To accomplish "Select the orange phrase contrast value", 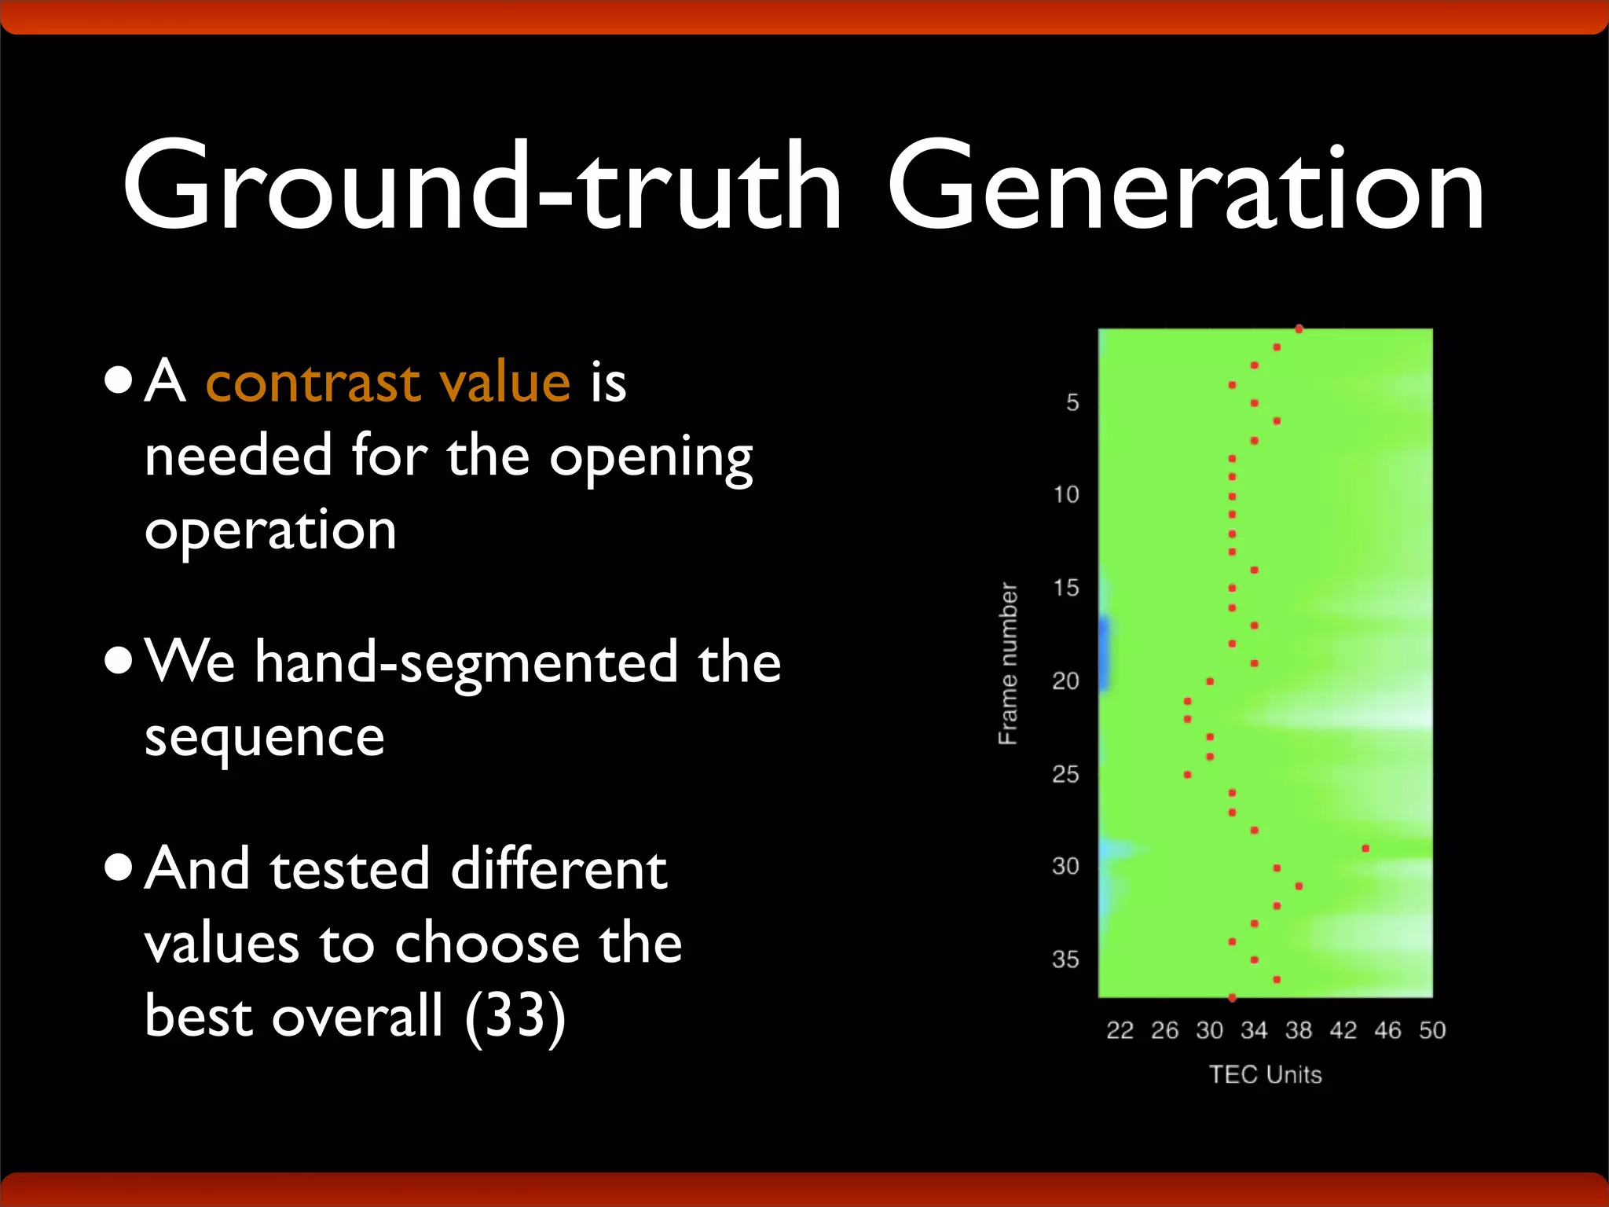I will click(387, 383).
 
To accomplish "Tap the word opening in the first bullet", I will click(651, 457).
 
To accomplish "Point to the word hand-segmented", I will click(466, 662).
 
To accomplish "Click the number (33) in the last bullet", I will click(515, 1016).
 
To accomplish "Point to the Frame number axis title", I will click(1008, 664).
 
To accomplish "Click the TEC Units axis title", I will click(1265, 1074).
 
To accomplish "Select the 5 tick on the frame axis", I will click(1072, 403).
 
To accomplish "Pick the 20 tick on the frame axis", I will click(1065, 681).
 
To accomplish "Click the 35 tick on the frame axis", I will click(1065, 959).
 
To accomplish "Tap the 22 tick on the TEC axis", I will click(1120, 1030).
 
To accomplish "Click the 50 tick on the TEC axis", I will click(1432, 1030).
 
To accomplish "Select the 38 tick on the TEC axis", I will click(1299, 1030).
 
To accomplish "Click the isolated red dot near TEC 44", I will click(1365, 849).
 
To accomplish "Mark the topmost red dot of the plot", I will click(1299, 329).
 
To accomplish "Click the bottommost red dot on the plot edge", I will click(1232, 998).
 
